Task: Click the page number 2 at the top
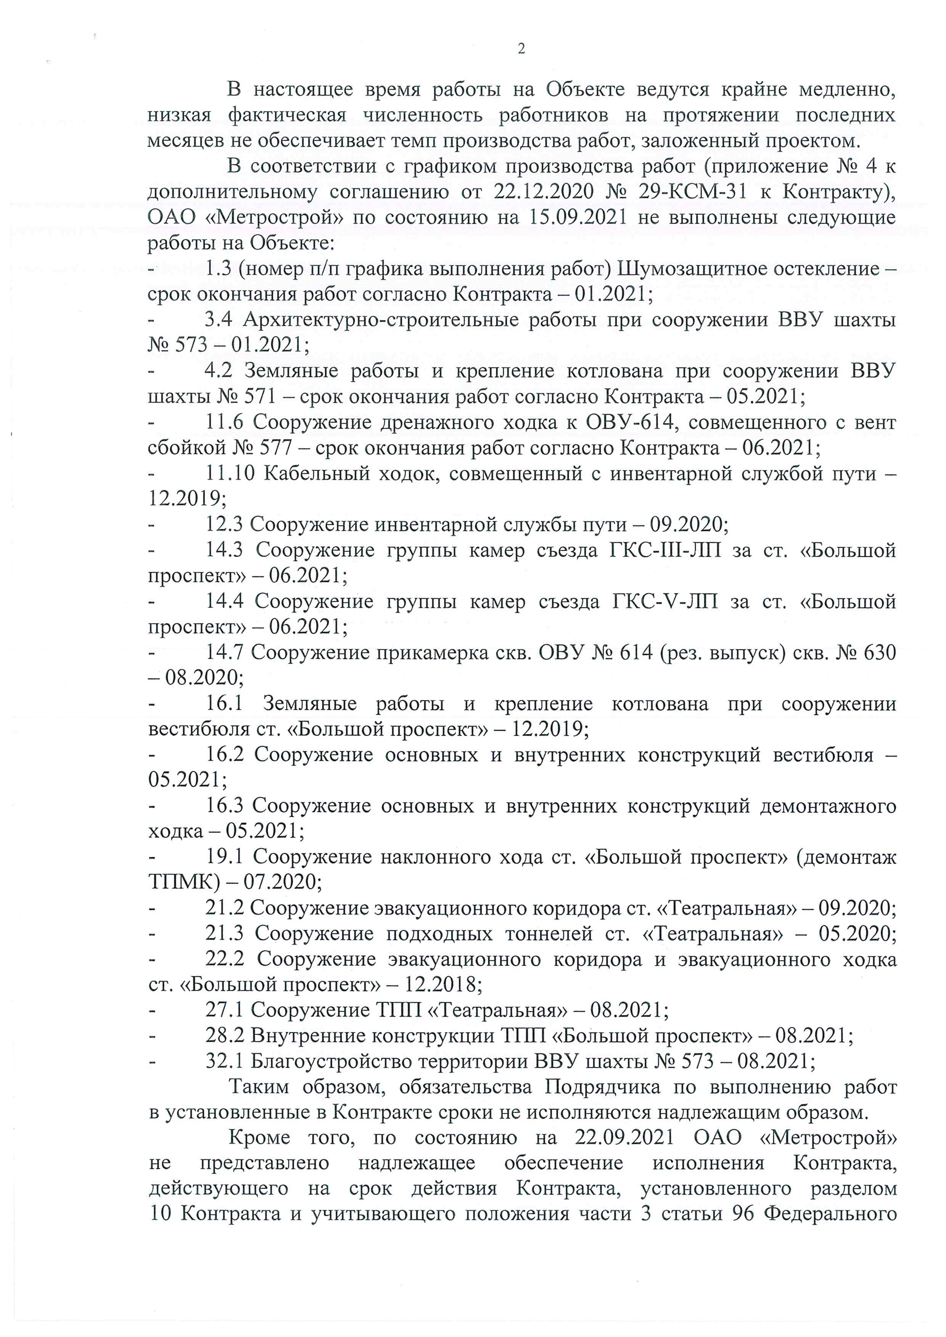[x=521, y=49]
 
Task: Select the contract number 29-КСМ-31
[x=692, y=192]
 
